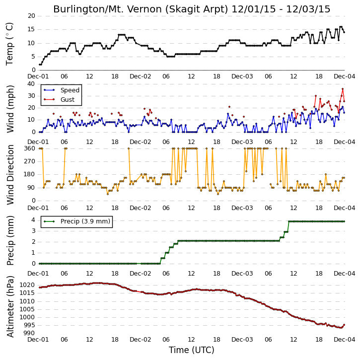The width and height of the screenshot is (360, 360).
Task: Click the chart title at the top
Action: click(192, 9)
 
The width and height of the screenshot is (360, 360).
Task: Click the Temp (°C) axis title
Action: click(9, 44)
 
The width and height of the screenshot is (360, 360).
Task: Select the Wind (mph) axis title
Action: click(10, 109)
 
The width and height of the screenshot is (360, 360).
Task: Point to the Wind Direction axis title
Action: click(10, 174)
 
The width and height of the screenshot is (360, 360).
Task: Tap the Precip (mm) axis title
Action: click(10, 241)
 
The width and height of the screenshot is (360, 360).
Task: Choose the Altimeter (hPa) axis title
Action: click(10, 306)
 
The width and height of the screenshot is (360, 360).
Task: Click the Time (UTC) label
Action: click(192, 350)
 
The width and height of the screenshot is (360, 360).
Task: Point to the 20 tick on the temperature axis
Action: click(31, 16)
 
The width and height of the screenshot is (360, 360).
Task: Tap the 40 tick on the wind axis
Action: click(31, 84)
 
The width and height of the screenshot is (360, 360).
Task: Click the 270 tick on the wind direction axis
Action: click(30, 161)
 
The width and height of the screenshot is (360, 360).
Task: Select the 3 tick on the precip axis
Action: click(34, 231)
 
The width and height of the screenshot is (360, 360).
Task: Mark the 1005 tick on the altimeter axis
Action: click(27, 309)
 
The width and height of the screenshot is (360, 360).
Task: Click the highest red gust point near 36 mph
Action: click(343, 89)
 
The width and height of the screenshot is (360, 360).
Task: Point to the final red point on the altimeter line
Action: click(344, 325)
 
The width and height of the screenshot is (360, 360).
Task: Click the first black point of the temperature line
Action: click(40, 65)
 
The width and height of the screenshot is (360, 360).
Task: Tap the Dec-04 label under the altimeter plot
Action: click(345, 340)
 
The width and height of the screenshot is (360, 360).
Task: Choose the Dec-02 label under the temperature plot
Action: click(141, 76)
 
